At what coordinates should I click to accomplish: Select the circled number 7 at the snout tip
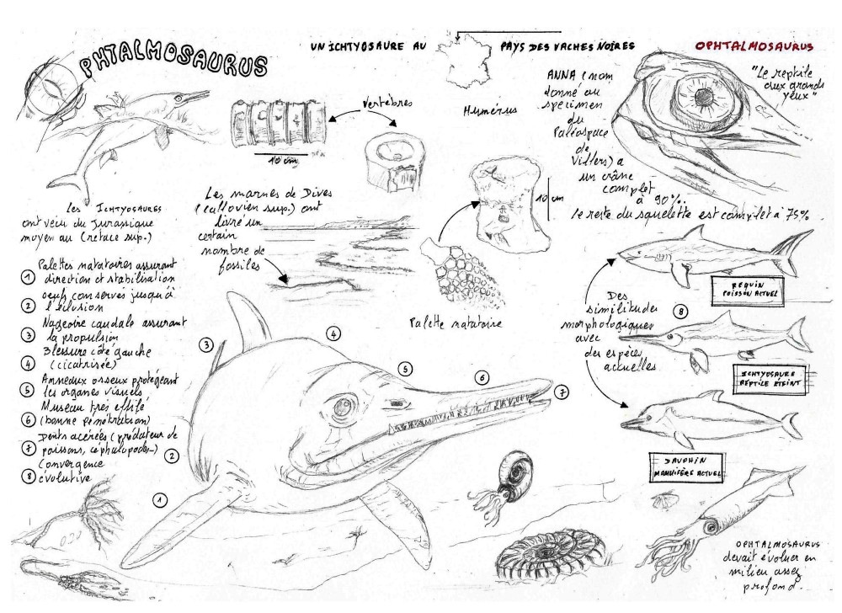click(562, 391)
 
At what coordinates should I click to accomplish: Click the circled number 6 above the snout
click(482, 377)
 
